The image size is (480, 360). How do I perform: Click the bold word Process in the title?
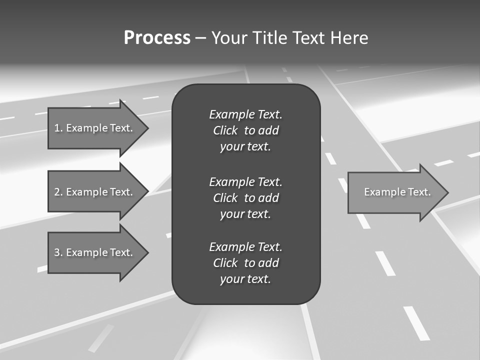click(x=157, y=38)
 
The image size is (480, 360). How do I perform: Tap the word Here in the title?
click(x=349, y=38)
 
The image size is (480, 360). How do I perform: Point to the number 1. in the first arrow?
click(x=58, y=128)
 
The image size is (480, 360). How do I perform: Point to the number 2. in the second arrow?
click(x=58, y=192)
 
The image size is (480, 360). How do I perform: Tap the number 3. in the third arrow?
click(x=58, y=252)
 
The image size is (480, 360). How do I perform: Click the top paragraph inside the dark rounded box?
click(x=245, y=130)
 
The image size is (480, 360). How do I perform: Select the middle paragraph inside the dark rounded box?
click(x=245, y=197)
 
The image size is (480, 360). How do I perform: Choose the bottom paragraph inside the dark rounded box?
click(x=245, y=263)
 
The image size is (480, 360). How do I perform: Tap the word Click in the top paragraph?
click(x=225, y=130)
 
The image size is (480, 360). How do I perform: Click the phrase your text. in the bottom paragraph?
click(x=245, y=279)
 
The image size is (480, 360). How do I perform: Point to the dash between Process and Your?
click(x=200, y=38)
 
